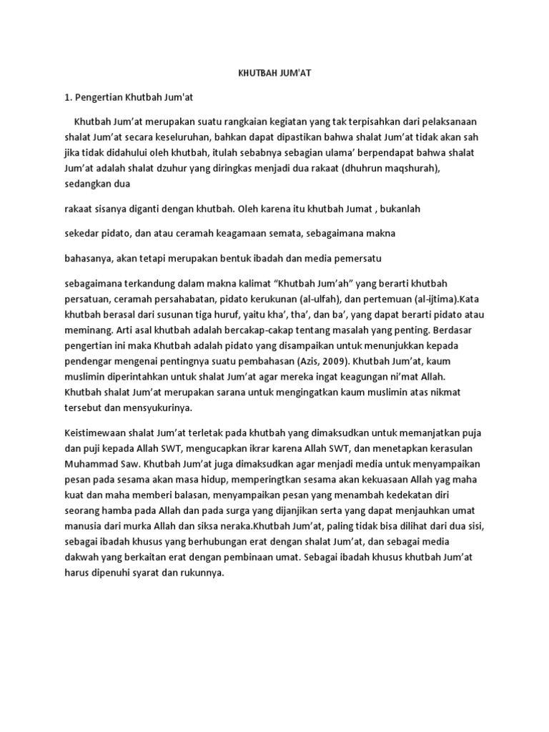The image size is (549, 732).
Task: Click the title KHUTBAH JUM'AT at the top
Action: pos(274,73)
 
